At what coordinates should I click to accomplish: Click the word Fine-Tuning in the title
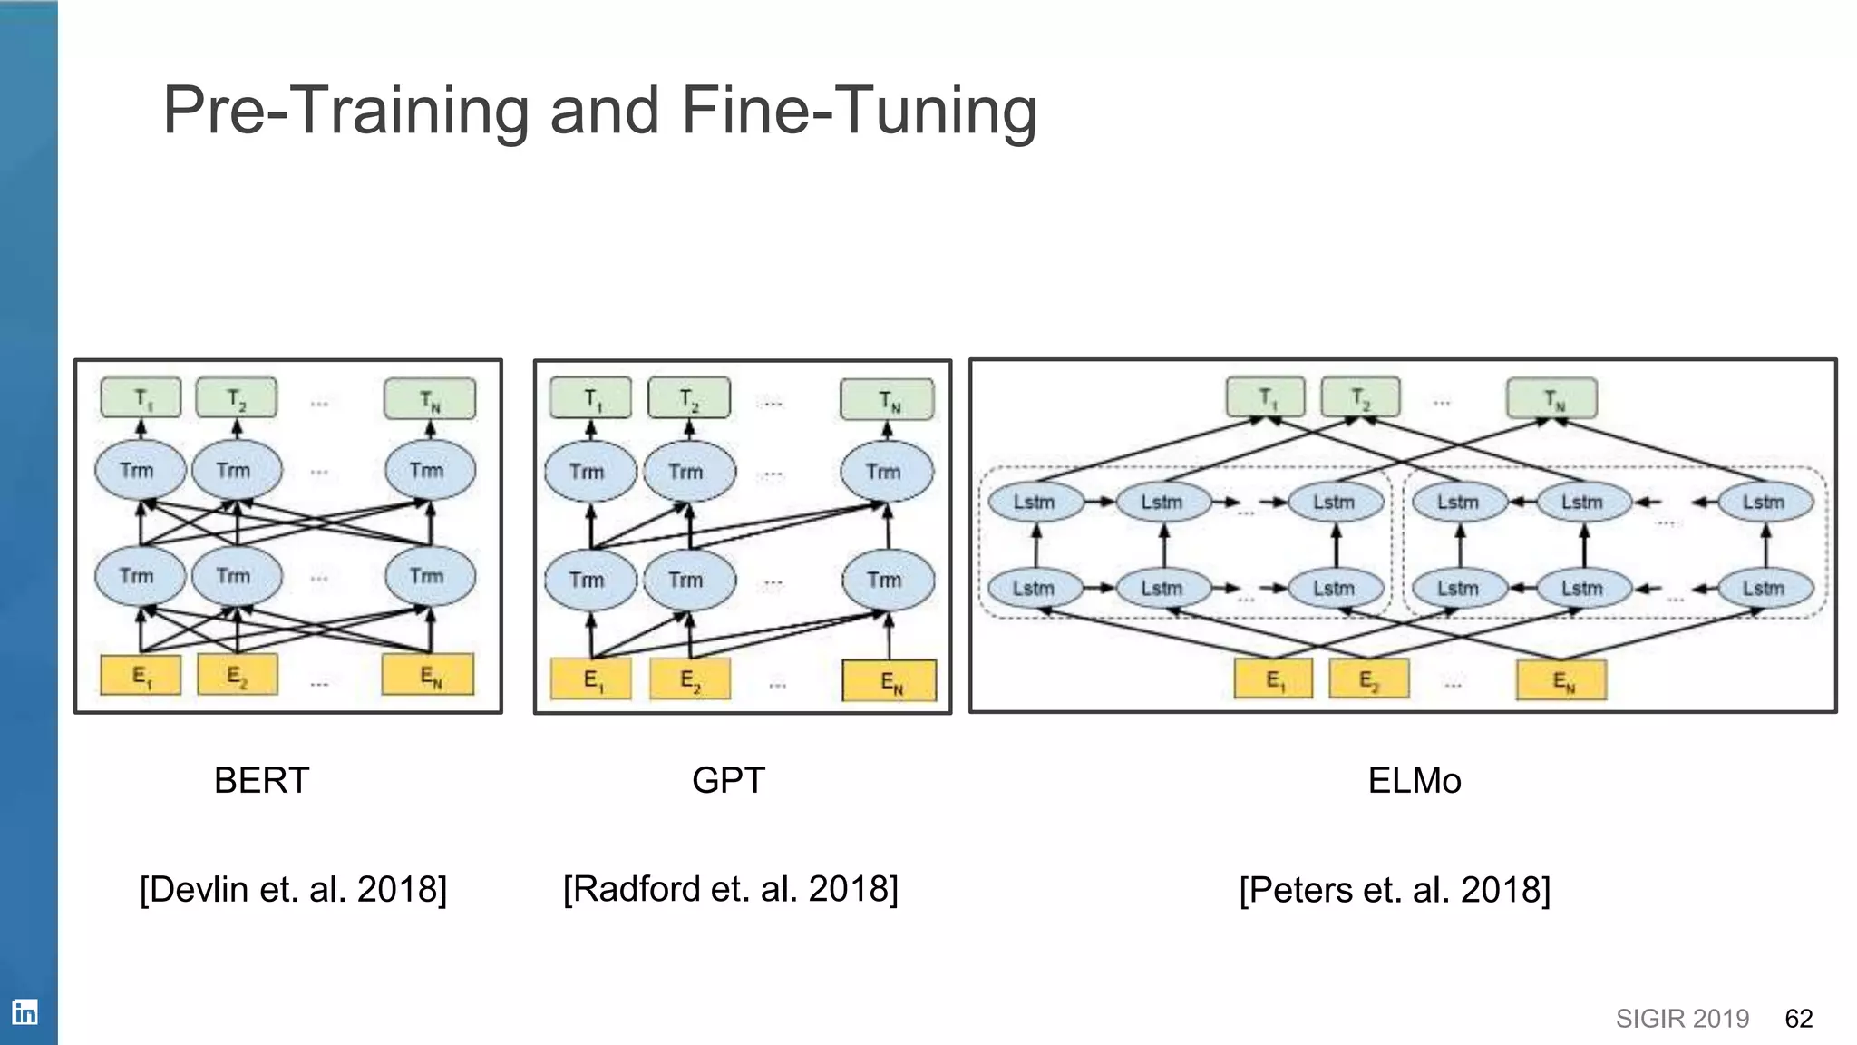tap(858, 111)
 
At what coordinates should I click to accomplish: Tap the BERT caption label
tap(261, 780)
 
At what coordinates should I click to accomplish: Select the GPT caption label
tap(728, 780)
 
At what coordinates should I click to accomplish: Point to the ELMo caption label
tap(1414, 780)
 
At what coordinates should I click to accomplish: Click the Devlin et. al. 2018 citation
tap(293, 889)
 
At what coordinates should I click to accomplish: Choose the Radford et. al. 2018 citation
tap(730, 889)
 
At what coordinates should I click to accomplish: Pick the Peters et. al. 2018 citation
tap(1395, 890)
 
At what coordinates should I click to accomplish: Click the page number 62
tap(1798, 1019)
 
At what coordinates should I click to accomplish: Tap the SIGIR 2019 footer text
tap(1682, 1019)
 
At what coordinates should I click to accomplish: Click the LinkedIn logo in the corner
tap(24, 1012)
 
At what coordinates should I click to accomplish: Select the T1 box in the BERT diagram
tap(141, 398)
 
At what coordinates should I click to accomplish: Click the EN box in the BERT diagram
tap(428, 675)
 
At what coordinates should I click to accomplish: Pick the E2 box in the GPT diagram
tap(690, 679)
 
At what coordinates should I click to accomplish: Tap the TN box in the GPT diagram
tap(887, 400)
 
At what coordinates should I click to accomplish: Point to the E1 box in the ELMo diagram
tap(1273, 679)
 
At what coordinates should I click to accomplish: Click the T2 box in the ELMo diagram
tap(1360, 397)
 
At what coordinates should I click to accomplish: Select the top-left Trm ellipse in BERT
tap(140, 470)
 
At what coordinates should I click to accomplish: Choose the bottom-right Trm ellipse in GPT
tap(887, 580)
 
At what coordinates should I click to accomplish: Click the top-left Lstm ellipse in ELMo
tap(1035, 502)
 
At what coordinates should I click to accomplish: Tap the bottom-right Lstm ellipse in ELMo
tap(1765, 588)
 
